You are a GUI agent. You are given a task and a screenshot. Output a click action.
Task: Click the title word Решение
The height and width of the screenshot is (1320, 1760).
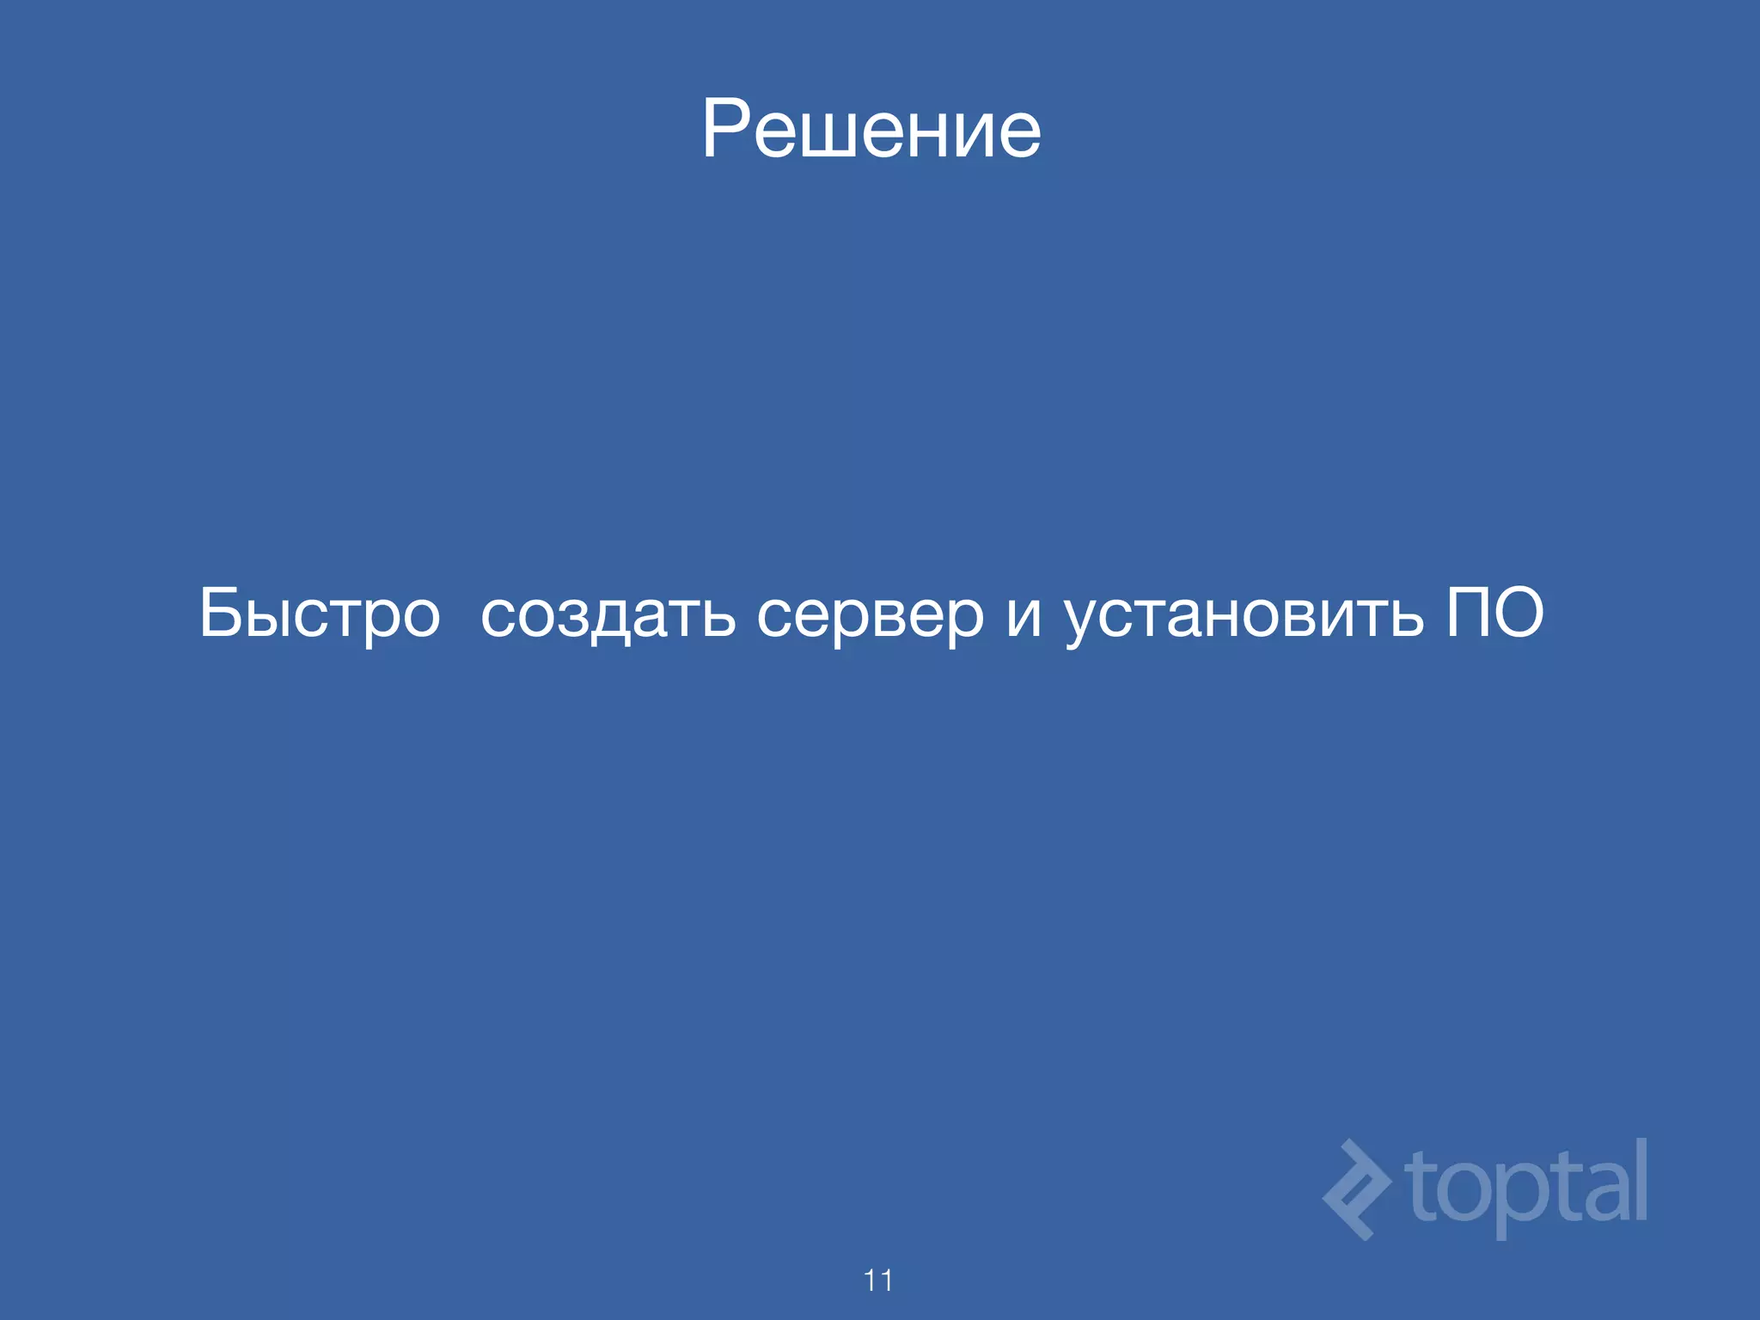871,129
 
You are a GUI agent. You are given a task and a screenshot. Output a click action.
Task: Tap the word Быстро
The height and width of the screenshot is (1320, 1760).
320,614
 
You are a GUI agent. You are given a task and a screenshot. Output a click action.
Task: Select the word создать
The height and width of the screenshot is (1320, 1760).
608,614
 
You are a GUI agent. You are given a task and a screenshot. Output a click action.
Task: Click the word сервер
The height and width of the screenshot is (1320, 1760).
870,614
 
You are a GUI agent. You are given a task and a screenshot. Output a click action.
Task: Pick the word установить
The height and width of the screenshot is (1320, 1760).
1244,614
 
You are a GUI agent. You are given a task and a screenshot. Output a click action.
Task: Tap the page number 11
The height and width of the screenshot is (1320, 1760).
878,1280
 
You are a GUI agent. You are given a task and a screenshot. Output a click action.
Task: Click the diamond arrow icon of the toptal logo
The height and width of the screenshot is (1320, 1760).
1356,1189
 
